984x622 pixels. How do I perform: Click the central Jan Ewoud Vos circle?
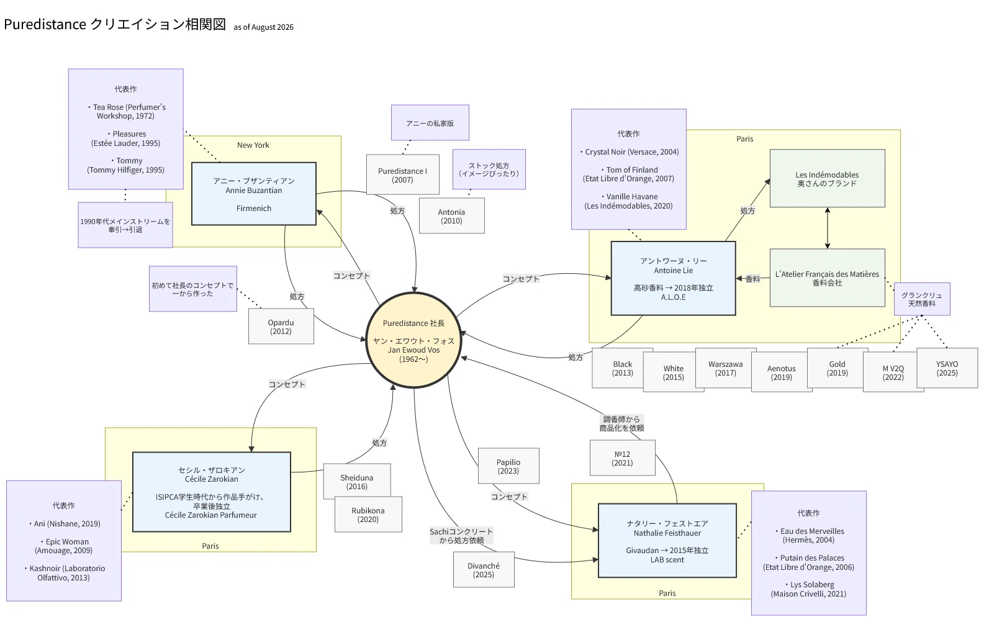click(413, 340)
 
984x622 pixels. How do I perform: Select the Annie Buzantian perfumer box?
click(253, 194)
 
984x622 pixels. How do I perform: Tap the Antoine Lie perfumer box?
click(673, 278)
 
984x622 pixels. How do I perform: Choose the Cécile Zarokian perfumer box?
click(211, 492)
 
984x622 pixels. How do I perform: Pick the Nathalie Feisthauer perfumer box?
click(667, 541)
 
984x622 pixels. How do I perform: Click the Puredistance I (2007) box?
click(402, 174)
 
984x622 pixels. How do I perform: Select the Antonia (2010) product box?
click(451, 215)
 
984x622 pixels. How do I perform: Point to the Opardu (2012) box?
click(281, 327)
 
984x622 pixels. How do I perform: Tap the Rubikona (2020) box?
click(368, 515)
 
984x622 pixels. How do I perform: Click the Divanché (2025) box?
click(484, 570)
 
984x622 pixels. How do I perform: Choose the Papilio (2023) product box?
click(508, 466)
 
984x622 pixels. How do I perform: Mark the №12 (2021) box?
click(623, 457)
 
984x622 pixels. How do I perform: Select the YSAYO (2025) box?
click(947, 368)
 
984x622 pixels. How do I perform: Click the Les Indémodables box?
click(827, 178)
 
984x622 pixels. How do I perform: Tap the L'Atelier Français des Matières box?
click(827, 278)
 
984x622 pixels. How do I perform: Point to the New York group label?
click(253, 145)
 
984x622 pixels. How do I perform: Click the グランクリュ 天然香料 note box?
click(922, 299)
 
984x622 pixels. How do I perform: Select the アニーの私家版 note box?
click(430, 123)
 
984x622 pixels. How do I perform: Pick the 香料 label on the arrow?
click(752, 279)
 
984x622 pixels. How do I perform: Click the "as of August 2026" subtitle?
click(264, 27)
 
